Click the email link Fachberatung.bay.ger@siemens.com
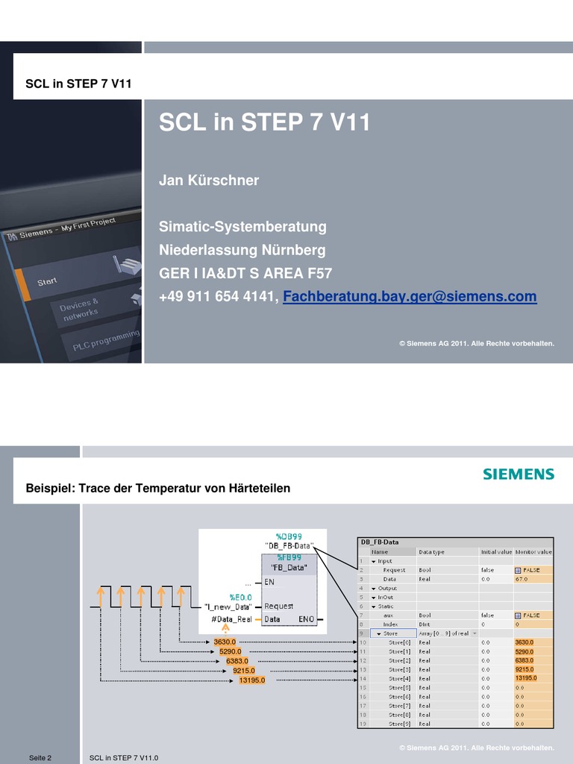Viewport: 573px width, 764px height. [x=410, y=297]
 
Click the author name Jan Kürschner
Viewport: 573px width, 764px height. [x=209, y=181]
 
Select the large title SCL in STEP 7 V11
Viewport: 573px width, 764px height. [x=264, y=122]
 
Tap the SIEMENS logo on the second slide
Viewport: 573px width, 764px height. [x=519, y=474]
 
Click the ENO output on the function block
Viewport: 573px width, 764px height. [x=306, y=619]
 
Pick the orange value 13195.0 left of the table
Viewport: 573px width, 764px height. [x=251, y=680]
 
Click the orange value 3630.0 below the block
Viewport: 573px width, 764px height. [x=225, y=642]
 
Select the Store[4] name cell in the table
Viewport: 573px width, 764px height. [x=399, y=678]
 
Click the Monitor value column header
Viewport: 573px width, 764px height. [x=533, y=552]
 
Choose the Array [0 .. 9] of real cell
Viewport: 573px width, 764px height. [x=444, y=633]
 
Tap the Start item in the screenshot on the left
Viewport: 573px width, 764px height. [x=47, y=281]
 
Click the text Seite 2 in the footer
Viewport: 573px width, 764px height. [x=40, y=758]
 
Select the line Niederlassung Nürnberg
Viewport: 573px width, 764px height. [x=242, y=250]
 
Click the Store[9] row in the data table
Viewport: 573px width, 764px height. [x=399, y=723]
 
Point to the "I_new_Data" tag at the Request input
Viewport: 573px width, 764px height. [x=228, y=606]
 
